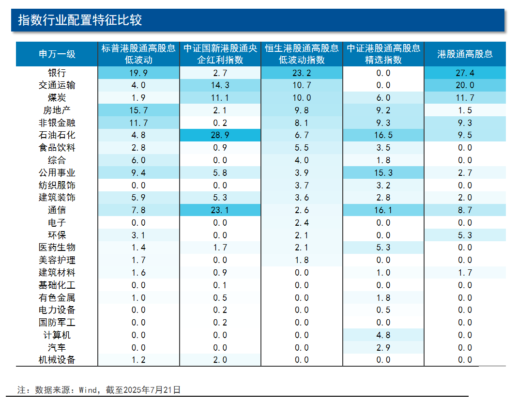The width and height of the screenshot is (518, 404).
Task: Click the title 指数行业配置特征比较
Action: (x=80, y=20)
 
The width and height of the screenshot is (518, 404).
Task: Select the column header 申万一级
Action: (x=57, y=54)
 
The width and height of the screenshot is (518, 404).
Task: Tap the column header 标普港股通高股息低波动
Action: (x=138, y=54)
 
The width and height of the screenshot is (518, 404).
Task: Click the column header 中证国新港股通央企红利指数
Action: (x=220, y=54)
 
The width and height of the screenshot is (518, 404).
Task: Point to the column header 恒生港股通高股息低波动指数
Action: (x=302, y=54)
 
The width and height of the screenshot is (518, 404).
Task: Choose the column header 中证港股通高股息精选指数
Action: (x=383, y=54)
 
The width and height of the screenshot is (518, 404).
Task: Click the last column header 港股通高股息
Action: (x=465, y=54)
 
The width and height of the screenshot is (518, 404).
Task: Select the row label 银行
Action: (x=57, y=73)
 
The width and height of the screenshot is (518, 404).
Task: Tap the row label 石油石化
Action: (x=57, y=135)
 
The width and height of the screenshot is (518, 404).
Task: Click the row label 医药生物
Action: (x=57, y=248)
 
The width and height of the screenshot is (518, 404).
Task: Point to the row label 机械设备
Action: (x=57, y=359)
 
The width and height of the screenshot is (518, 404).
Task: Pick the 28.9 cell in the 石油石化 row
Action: (x=220, y=135)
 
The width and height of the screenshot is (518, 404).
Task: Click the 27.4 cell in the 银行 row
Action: (x=465, y=73)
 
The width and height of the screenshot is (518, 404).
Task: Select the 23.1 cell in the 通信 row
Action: (x=220, y=210)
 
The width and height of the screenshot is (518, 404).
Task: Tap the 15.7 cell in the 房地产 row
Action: (x=138, y=110)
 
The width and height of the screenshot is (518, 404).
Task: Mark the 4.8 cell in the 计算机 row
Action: (x=383, y=335)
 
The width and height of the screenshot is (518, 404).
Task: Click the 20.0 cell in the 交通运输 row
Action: (x=465, y=85)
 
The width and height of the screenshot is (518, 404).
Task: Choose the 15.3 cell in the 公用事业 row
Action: (x=383, y=173)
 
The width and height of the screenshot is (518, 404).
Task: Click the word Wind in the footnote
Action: (x=89, y=389)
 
